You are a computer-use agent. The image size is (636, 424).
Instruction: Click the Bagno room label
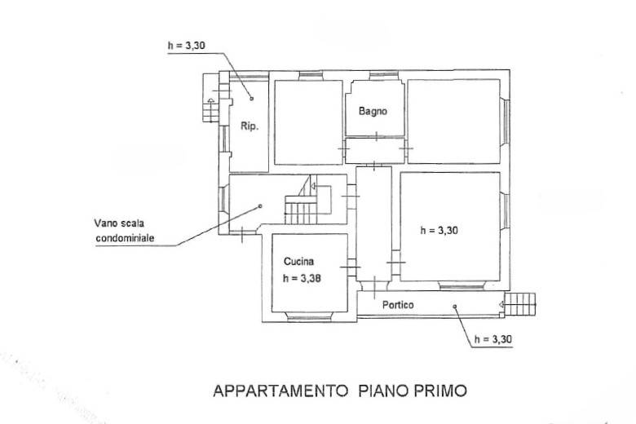pyautogui.click(x=373, y=111)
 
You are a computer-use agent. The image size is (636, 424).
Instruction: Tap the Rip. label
pyautogui.click(x=250, y=126)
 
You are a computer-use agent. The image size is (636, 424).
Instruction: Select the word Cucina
pyautogui.click(x=298, y=262)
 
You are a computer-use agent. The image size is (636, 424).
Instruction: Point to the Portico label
pyautogui.click(x=398, y=305)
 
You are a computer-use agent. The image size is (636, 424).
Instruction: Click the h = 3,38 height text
pyautogui.click(x=302, y=278)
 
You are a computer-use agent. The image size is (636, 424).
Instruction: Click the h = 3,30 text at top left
pyautogui.click(x=187, y=46)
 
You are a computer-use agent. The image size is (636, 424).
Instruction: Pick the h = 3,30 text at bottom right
pyautogui.click(x=492, y=339)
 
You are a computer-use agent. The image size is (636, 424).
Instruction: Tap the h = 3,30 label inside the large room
pyautogui.click(x=439, y=231)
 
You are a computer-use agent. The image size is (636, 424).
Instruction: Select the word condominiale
pyautogui.click(x=125, y=238)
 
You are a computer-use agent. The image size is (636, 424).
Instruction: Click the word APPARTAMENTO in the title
pyautogui.click(x=280, y=391)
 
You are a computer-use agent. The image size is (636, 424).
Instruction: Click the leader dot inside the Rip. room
pyautogui.click(x=251, y=98)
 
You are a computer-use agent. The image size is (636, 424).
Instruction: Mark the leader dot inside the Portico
pyautogui.click(x=455, y=307)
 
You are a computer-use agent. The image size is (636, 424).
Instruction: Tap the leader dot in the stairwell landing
pyautogui.click(x=260, y=206)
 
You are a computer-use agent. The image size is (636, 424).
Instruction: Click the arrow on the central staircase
pyautogui.click(x=313, y=186)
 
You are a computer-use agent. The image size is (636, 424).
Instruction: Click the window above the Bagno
pyautogui.click(x=383, y=76)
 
